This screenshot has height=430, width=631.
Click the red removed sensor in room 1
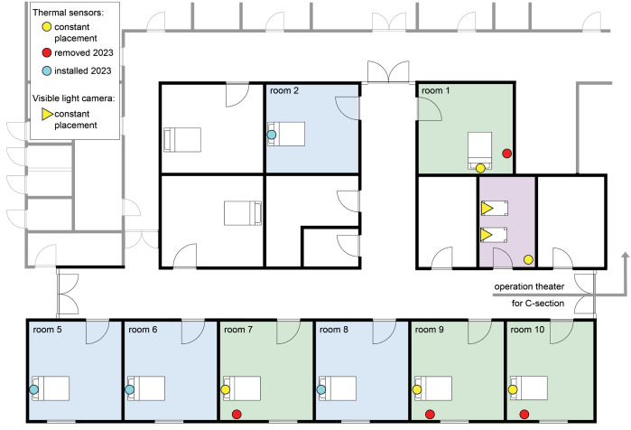[507, 153]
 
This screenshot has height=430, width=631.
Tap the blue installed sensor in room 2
[272, 135]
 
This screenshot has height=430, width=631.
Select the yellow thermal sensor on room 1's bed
[480, 168]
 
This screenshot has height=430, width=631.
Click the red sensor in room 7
[237, 414]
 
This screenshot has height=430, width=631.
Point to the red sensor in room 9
[430, 414]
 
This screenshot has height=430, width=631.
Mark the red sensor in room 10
[524, 414]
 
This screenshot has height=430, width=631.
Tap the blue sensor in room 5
[33, 389]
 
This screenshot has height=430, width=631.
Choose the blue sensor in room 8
[320, 389]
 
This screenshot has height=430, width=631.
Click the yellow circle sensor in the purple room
[528, 259]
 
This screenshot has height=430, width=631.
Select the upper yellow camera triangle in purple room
[487, 208]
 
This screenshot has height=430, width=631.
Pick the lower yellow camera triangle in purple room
[487, 235]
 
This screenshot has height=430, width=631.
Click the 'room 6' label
[143, 330]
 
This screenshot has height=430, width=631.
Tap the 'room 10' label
[527, 330]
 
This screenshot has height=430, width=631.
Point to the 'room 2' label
[284, 90]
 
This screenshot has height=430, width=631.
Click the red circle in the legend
[47, 52]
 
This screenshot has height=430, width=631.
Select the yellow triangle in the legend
[47, 114]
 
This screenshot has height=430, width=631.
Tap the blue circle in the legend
[47, 70]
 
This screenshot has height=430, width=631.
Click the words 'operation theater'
[529, 286]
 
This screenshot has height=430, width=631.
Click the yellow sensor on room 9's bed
[417, 389]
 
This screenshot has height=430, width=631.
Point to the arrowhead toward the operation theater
[625, 256]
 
